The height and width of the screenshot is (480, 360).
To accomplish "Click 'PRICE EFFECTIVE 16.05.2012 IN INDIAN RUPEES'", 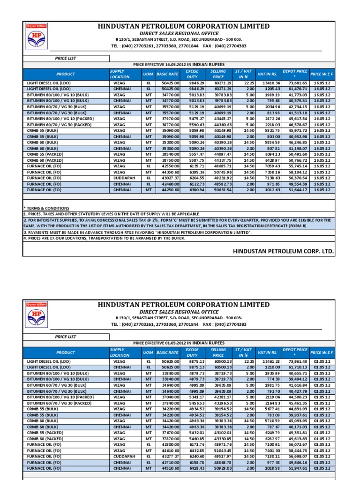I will pyautogui.click(x=179, y=64).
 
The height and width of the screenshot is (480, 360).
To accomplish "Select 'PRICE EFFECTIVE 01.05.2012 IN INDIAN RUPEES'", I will pyautogui.click(x=179, y=343).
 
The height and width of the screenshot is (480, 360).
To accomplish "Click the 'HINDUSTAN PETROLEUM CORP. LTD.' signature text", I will pyautogui.click(x=284, y=251).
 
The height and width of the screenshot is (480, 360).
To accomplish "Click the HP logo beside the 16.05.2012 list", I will pyautogui.click(x=39, y=37).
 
